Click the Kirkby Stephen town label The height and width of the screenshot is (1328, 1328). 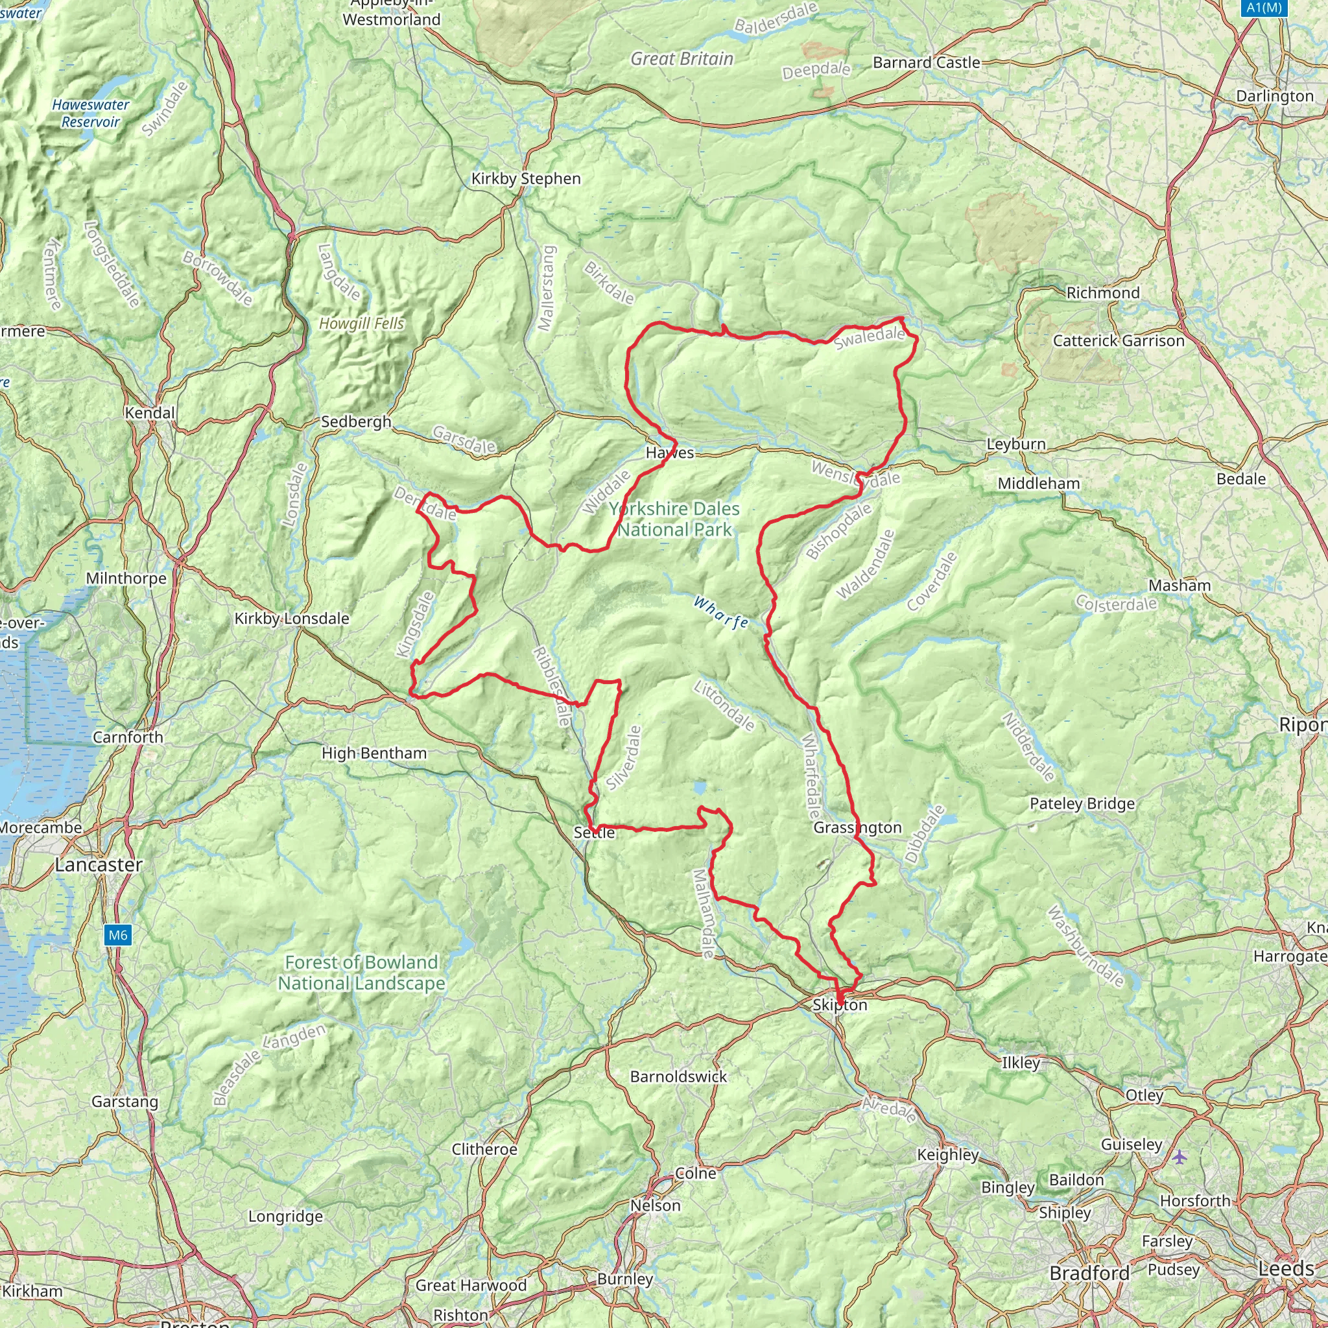tap(526, 179)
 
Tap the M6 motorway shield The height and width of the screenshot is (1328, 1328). tap(117, 935)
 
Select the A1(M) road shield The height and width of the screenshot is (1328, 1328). tap(1263, 8)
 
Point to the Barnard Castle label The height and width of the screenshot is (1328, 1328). tap(926, 62)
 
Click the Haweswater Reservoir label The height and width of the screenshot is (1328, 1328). tap(91, 113)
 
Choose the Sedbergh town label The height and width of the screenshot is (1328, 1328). tap(356, 421)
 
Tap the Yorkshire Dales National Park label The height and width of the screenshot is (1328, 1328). tap(674, 519)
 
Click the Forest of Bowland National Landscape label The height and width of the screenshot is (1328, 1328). tap(362, 973)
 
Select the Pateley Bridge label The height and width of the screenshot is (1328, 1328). tap(1082, 803)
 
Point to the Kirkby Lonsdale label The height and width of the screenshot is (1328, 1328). tap(292, 619)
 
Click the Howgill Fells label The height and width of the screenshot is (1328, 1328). tap(362, 324)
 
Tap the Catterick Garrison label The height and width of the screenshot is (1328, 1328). tap(1119, 341)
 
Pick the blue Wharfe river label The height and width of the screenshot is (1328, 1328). tap(720, 612)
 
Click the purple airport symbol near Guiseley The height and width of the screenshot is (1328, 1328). tap(1180, 1157)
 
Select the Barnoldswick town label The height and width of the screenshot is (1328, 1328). tap(678, 1076)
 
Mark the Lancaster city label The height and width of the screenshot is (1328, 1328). tap(99, 865)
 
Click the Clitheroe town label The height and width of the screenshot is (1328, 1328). tap(484, 1149)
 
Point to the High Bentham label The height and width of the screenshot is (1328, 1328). tap(374, 753)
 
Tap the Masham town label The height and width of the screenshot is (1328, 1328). tap(1180, 586)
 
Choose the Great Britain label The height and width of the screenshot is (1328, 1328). tap(682, 59)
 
